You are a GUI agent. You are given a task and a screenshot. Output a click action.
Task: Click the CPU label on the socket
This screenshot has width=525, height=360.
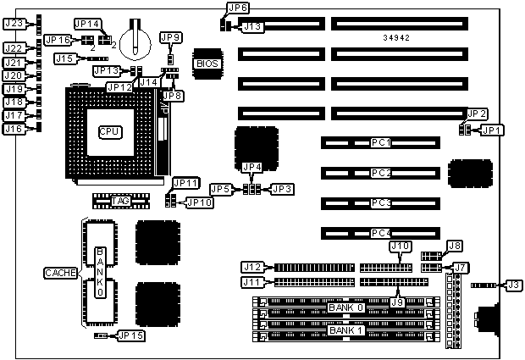109,131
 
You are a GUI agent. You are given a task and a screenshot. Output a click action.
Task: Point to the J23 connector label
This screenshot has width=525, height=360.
14,24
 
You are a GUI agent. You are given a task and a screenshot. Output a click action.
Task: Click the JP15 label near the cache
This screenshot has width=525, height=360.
131,335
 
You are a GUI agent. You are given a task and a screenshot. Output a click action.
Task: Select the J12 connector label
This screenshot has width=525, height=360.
253,267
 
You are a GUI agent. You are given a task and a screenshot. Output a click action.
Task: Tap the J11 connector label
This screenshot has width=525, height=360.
253,282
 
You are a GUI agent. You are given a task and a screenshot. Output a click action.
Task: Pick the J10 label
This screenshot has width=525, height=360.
399,246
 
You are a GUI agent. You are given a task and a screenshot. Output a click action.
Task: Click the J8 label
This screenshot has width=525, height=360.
455,246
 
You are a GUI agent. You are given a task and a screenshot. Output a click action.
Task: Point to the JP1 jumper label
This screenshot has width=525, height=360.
491,130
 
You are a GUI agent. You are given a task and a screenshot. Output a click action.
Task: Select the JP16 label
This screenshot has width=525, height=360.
58,39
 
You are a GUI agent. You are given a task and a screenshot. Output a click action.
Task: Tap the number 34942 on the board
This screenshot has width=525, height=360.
397,38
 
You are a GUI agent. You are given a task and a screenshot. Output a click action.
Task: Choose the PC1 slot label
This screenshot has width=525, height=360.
381,142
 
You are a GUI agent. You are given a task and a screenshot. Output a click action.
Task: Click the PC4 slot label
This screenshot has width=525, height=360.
381,232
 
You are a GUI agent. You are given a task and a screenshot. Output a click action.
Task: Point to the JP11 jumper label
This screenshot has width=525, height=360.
185,182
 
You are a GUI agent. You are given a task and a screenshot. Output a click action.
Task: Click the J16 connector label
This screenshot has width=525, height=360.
14,129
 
